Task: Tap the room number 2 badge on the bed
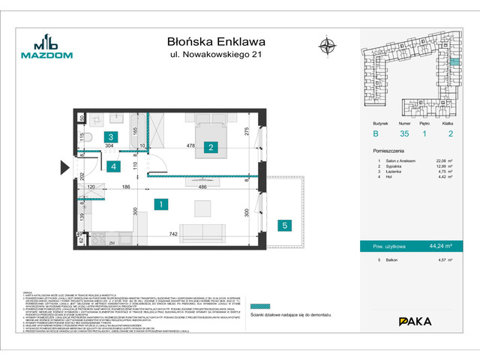click(x=212, y=147)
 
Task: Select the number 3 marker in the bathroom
click(x=110, y=137)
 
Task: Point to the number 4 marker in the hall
click(x=111, y=166)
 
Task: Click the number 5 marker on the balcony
click(x=284, y=224)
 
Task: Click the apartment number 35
click(x=403, y=134)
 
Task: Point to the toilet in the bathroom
click(x=88, y=138)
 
